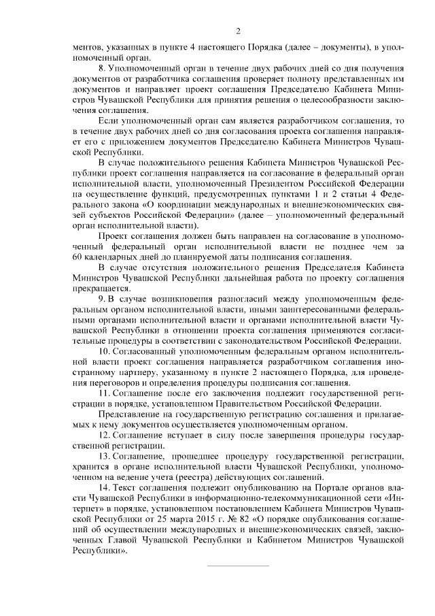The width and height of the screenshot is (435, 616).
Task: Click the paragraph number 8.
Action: (101, 69)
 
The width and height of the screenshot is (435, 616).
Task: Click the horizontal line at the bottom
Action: (237, 566)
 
